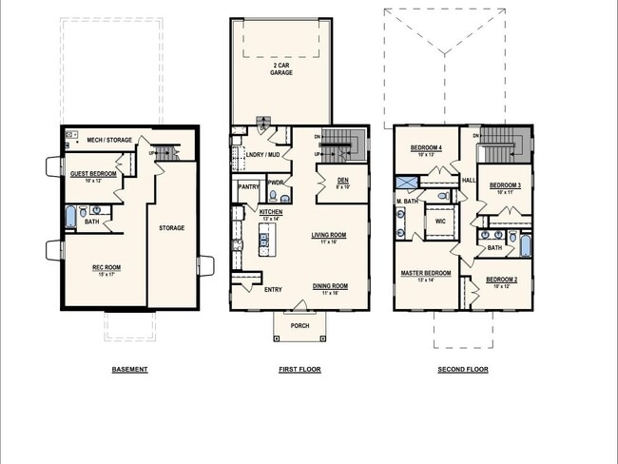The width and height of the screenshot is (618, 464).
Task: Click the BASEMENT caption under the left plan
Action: click(129, 369)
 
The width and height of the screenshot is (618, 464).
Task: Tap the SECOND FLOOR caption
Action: click(462, 369)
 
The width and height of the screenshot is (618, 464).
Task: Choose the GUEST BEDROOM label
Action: click(94, 174)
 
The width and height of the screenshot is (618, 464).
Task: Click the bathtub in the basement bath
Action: click(70, 218)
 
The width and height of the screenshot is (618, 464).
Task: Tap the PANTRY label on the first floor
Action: click(249, 187)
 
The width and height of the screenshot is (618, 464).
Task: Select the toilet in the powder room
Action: click(273, 197)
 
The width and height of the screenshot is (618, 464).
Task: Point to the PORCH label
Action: click(299, 326)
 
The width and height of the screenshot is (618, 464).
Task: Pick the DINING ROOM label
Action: click(330, 286)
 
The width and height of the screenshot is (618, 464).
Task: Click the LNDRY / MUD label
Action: click(262, 153)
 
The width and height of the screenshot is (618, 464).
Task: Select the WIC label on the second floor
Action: click(440, 220)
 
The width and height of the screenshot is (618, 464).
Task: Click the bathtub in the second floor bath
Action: click(525, 248)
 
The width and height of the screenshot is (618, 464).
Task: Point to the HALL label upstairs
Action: click(468, 178)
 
